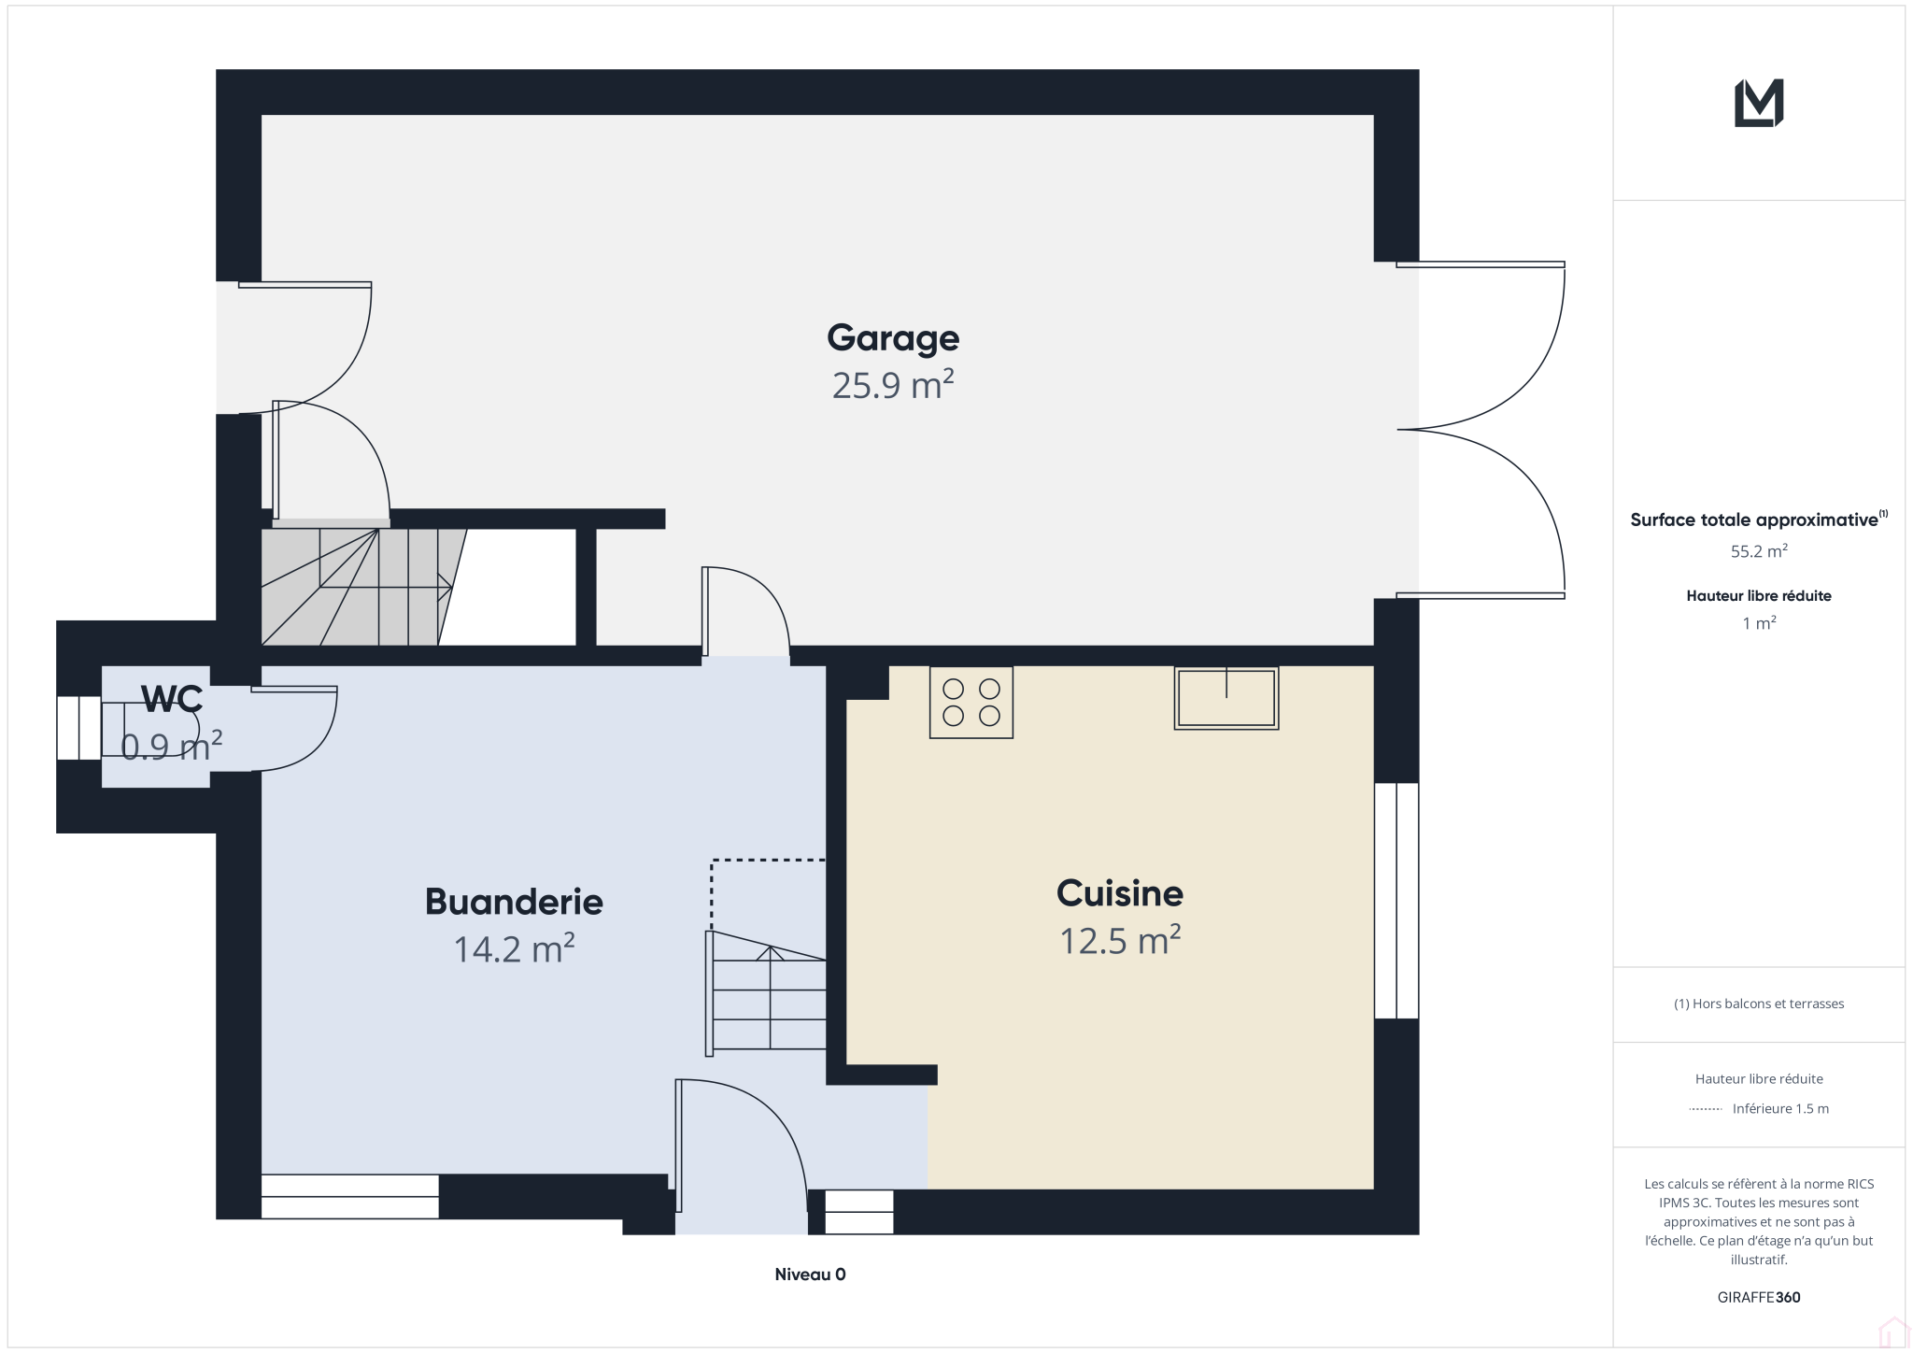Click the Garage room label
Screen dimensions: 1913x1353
coord(893,338)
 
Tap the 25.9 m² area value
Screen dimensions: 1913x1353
coord(893,385)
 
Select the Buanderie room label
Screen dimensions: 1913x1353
coord(514,902)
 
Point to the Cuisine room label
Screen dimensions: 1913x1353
coord(1120,893)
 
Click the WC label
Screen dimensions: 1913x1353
coord(172,698)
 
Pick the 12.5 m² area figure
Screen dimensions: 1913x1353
coord(1120,940)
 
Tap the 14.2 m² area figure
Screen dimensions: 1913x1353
coord(514,948)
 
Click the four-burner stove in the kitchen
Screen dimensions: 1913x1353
coord(971,703)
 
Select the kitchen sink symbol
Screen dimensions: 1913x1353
coord(1226,698)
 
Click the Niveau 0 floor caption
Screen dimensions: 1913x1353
coord(810,1275)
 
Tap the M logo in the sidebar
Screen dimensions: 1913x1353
coord(1759,103)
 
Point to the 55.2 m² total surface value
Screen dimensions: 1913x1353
coord(1759,551)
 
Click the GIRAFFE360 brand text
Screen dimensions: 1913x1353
coord(1759,1297)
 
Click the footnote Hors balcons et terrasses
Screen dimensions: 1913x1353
coord(1759,1004)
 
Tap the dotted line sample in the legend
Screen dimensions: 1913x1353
coord(1706,1109)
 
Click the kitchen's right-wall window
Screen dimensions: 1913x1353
coord(1396,901)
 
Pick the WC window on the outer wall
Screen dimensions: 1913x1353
coord(79,728)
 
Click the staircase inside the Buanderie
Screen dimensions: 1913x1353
coord(766,994)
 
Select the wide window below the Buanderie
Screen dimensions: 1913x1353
coord(349,1196)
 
